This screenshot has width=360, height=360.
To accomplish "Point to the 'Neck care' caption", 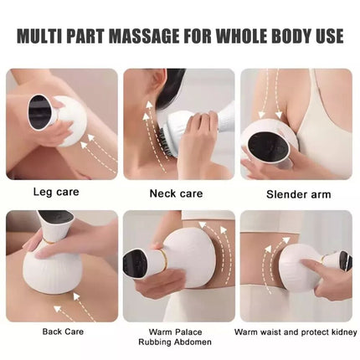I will coord(176,193).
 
